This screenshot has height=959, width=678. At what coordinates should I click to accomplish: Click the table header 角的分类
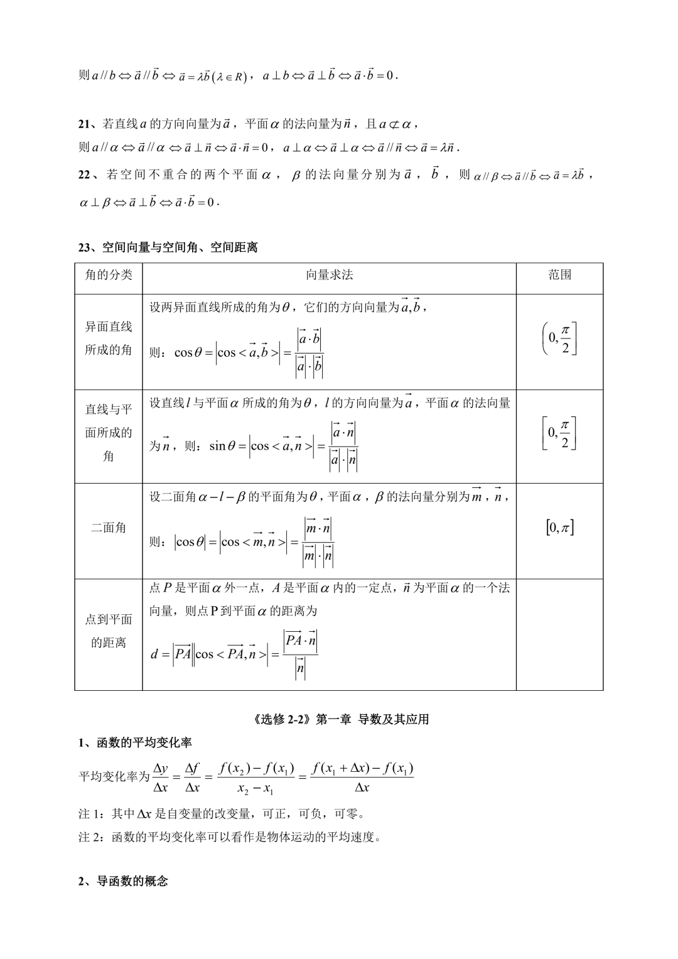click(109, 275)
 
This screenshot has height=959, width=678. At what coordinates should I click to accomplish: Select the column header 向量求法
click(329, 275)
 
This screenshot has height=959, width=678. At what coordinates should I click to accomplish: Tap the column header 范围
click(559, 275)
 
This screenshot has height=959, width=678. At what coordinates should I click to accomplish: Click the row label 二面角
click(109, 528)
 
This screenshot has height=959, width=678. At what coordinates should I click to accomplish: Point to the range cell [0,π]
click(560, 528)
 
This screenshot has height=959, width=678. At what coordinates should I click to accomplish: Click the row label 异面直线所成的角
click(109, 338)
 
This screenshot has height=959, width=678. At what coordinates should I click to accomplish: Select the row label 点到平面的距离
click(109, 631)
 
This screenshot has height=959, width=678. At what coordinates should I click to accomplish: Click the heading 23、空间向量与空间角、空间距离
click(168, 248)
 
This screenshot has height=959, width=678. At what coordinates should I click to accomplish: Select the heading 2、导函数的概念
click(123, 881)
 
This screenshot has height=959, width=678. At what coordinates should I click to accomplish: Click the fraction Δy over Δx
click(161, 777)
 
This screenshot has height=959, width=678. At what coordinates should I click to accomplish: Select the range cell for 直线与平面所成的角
click(560, 433)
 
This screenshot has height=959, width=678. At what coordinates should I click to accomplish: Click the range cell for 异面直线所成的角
click(560, 339)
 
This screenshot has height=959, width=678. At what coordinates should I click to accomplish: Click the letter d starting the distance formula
click(154, 654)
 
